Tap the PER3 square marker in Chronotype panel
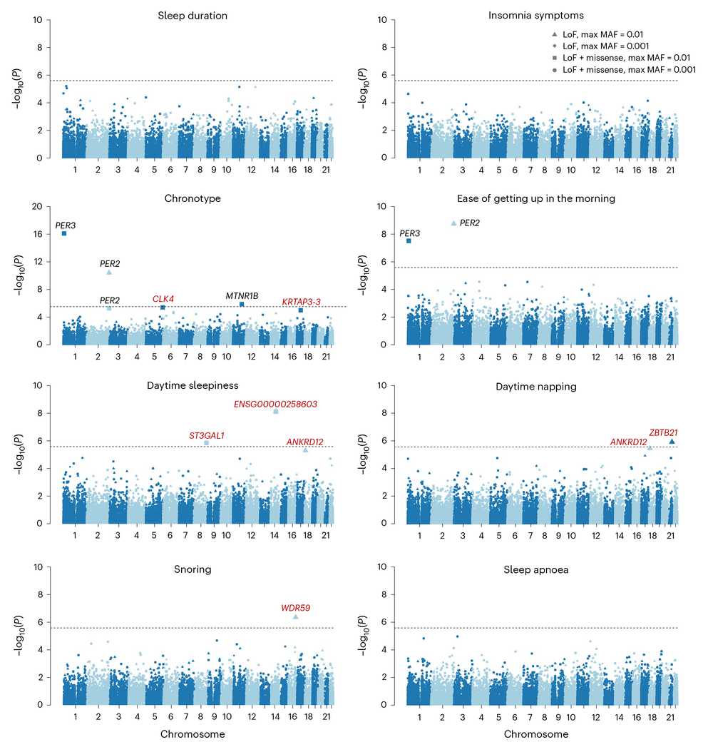(x=64, y=233)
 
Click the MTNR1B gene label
(x=242, y=295)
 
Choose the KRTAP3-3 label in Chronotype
(x=302, y=302)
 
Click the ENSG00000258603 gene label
(x=275, y=404)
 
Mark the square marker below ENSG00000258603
(x=276, y=412)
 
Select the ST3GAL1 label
(x=207, y=435)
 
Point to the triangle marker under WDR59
(x=296, y=616)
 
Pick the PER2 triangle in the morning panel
(x=454, y=223)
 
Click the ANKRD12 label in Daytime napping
(x=628, y=442)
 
